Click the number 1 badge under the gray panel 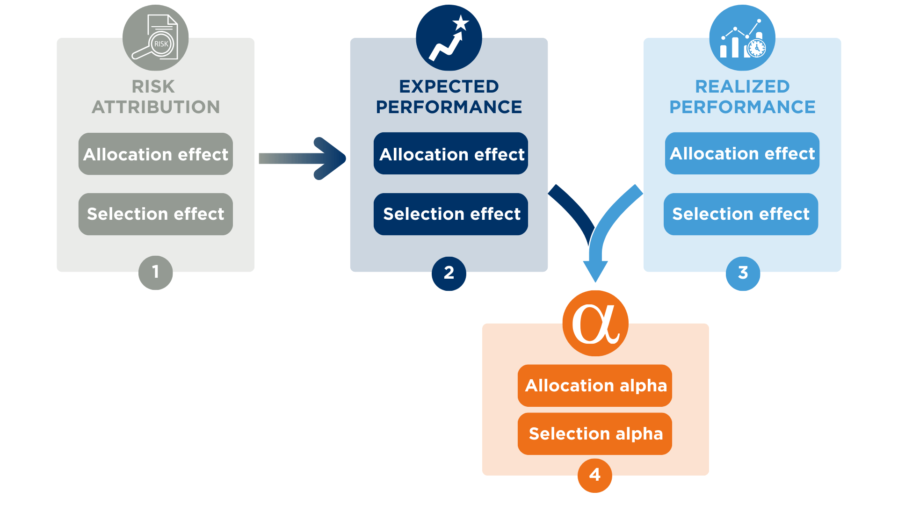pos(156,272)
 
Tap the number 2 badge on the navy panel pos(449,273)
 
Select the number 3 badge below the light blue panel pos(743,273)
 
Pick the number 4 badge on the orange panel pos(595,475)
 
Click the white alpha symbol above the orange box pos(595,324)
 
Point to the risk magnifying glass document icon pos(156,37)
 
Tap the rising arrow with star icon pos(448,40)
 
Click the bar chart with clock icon pos(743,40)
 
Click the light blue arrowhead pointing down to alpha pos(595,270)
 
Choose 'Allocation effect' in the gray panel pos(156,154)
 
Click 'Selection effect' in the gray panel pos(156,214)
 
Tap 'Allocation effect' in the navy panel pos(452,154)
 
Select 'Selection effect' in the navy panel pos(452,214)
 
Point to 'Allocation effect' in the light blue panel pos(742,153)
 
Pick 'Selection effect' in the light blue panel pos(741,214)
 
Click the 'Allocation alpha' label pos(596,385)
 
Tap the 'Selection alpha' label pos(596,433)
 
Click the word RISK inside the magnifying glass pos(161,44)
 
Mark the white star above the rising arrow pos(461,22)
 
